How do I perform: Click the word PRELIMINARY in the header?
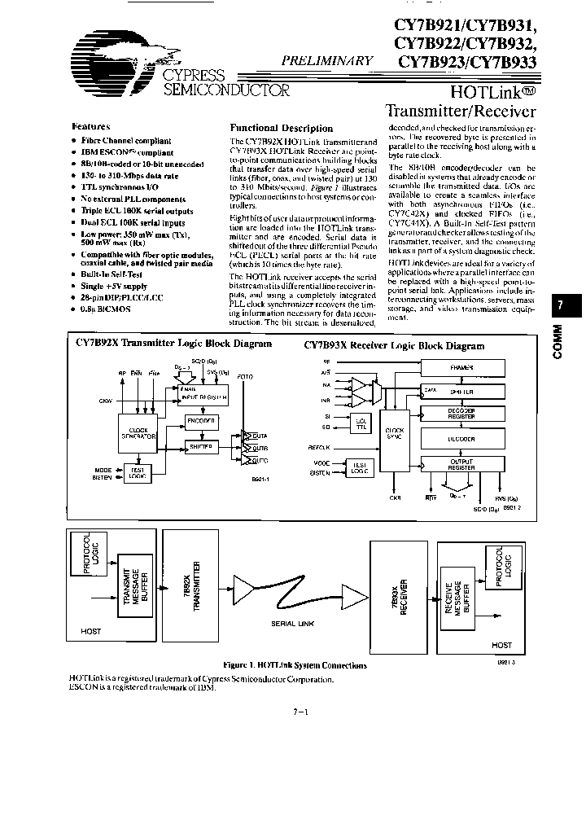click(327, 60)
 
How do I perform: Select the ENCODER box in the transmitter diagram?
click(201, 421)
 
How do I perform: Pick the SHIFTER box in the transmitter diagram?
click(201, 446)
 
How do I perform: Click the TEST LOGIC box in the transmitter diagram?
click(133, 472)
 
